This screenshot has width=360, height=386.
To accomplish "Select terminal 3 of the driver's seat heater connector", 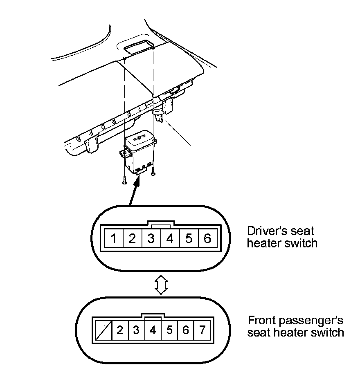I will pyautogui.click(x=151, y=238).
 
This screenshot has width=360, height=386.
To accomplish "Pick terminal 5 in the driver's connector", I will pyautogui.click(x=189, y=238).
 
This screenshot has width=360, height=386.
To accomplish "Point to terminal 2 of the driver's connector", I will pyautogui.click(x=132, y=238).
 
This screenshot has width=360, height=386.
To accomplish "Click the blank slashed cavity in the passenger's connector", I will pyautogui.click(x=103, y=330).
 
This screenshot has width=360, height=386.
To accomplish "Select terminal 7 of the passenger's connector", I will pyautogui.click(x=202, y=330).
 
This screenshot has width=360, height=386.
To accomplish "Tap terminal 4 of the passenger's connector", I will pyautogui.click(x=153, y=330).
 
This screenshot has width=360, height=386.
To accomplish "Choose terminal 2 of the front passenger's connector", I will pyautogui.click(x=119, y=330).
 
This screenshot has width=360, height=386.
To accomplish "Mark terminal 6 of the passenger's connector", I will pyautogui.click(x=186, y=330).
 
